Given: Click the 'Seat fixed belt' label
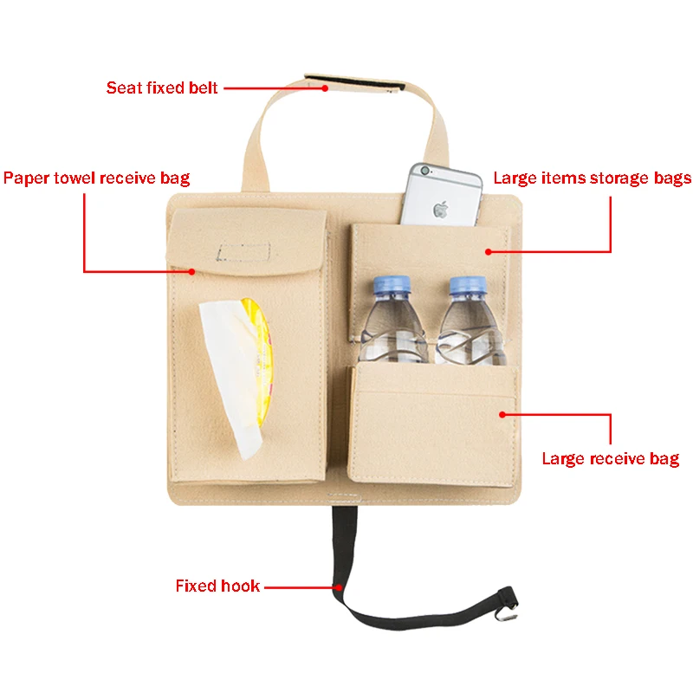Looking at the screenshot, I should (x=162, y=87).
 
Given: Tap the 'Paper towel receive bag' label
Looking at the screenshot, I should (x=96, y=178).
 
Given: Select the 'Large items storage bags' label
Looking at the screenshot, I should (x=592, y=178).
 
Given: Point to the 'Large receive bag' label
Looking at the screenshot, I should (x=610, y=458).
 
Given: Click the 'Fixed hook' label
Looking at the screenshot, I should (x=217, y=586).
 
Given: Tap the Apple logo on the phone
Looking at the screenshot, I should (x=442, y=209).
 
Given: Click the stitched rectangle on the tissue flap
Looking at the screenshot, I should (x=243, y=251).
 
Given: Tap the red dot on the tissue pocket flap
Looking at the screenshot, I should (x=192, y=271).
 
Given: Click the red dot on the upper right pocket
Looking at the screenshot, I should (x=489, y=252).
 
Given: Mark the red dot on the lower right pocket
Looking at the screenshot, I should (x=502, y=415).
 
